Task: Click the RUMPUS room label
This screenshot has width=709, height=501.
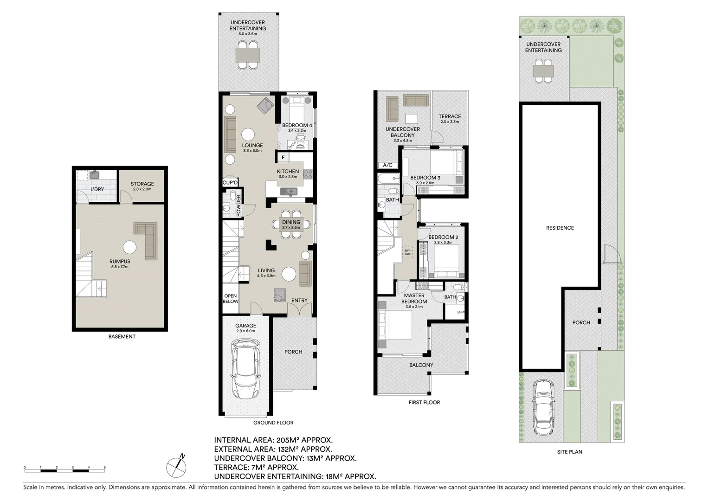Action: pyautogui.click(x=120, y=261)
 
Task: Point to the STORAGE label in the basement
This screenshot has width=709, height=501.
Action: pyautogui.click(x=142, y=184)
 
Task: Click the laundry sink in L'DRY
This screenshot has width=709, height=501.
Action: pyautogui.click(x=95, y=174)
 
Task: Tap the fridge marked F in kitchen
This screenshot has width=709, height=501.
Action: pyautogui.click(x=283, y=158)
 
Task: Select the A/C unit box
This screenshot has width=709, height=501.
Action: pyautogui.click(x=387, y=165)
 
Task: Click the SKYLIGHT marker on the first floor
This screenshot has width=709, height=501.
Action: pyautogui.click(x=407, y=251)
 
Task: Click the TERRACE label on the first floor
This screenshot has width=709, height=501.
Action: pyautogui.click(x=450, y=116)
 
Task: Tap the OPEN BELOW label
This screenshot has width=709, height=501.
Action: pyautogui.click(x=230, y=298)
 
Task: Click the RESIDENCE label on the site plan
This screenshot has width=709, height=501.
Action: pyautogui.click(x=560, y=228)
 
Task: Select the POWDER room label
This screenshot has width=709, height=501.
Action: pyautogui.click(x=239, y=206)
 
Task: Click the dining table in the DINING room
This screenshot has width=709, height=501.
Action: pyautogui.click(x=291, y=225)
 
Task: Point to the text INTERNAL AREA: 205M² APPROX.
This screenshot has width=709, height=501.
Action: pyautogui.click(x=273, y=440)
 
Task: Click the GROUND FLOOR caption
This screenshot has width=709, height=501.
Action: pyautogui.click(x=273, y=423)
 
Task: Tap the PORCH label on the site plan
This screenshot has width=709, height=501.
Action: pyautogui.click(x=581, y=322)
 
